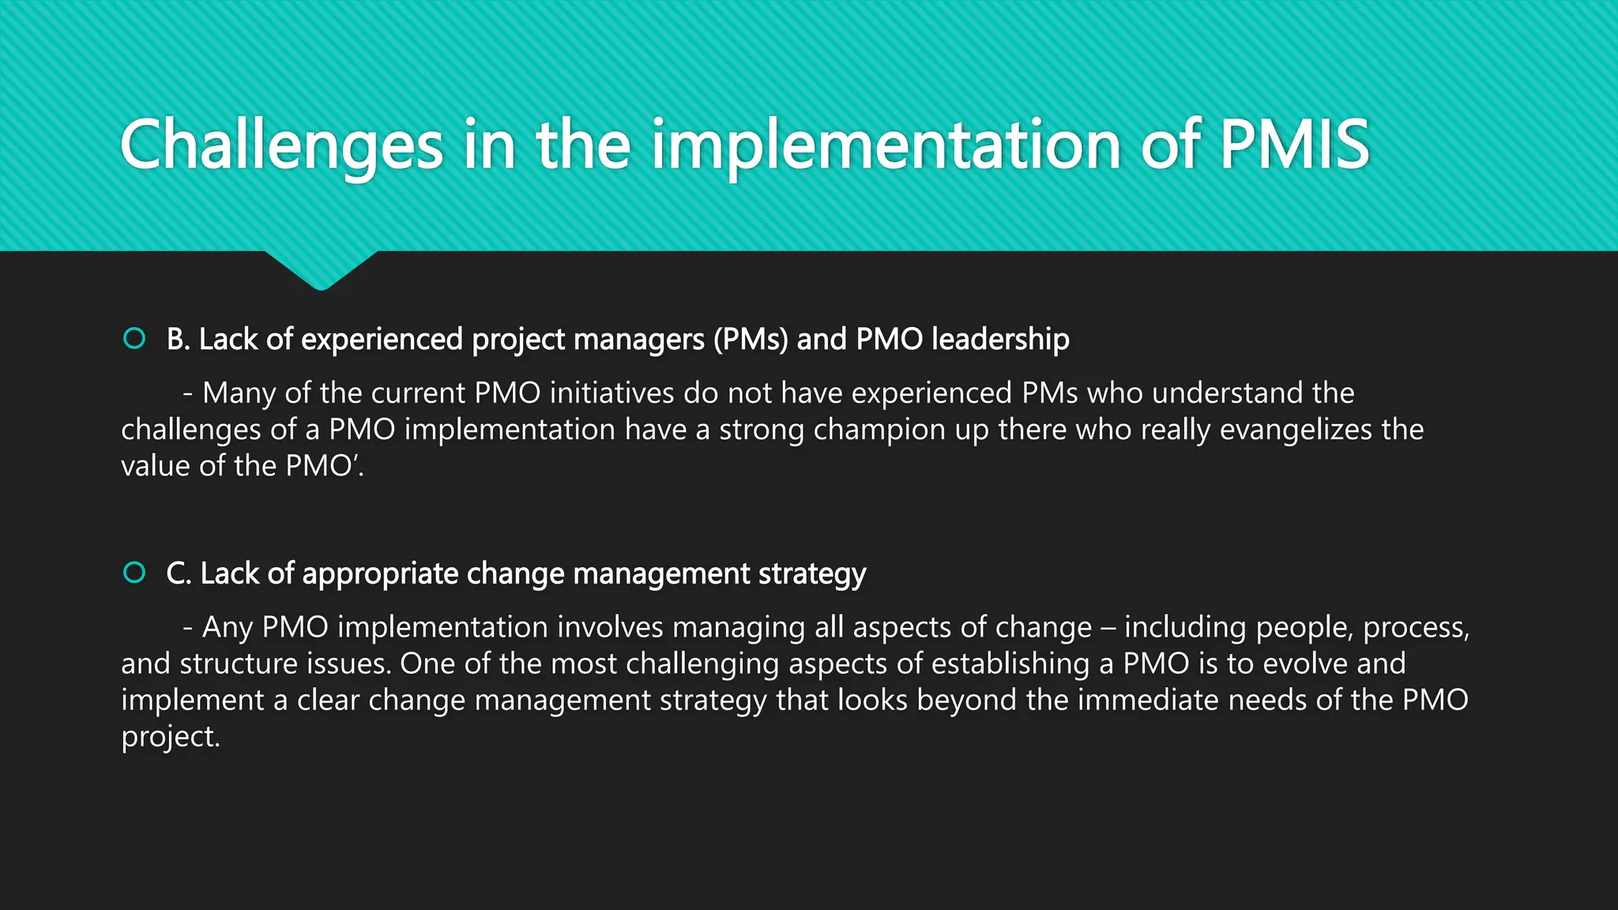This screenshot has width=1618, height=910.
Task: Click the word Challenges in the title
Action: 281,145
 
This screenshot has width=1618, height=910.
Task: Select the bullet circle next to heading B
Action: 134,339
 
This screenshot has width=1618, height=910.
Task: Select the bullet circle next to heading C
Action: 134,573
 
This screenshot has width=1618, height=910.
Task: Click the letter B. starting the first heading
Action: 178,339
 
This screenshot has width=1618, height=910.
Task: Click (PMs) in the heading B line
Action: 751,339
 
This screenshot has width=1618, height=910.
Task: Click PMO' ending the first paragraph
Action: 323,466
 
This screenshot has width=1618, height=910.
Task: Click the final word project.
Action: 169,737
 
